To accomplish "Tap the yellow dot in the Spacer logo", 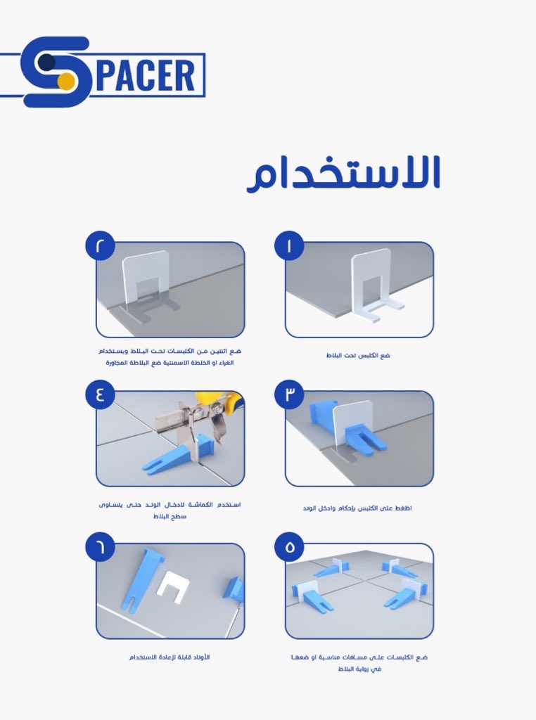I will [x=65, y=82].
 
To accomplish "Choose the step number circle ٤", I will [x=101, y=394].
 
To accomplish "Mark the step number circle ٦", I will [x=101, y=546].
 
